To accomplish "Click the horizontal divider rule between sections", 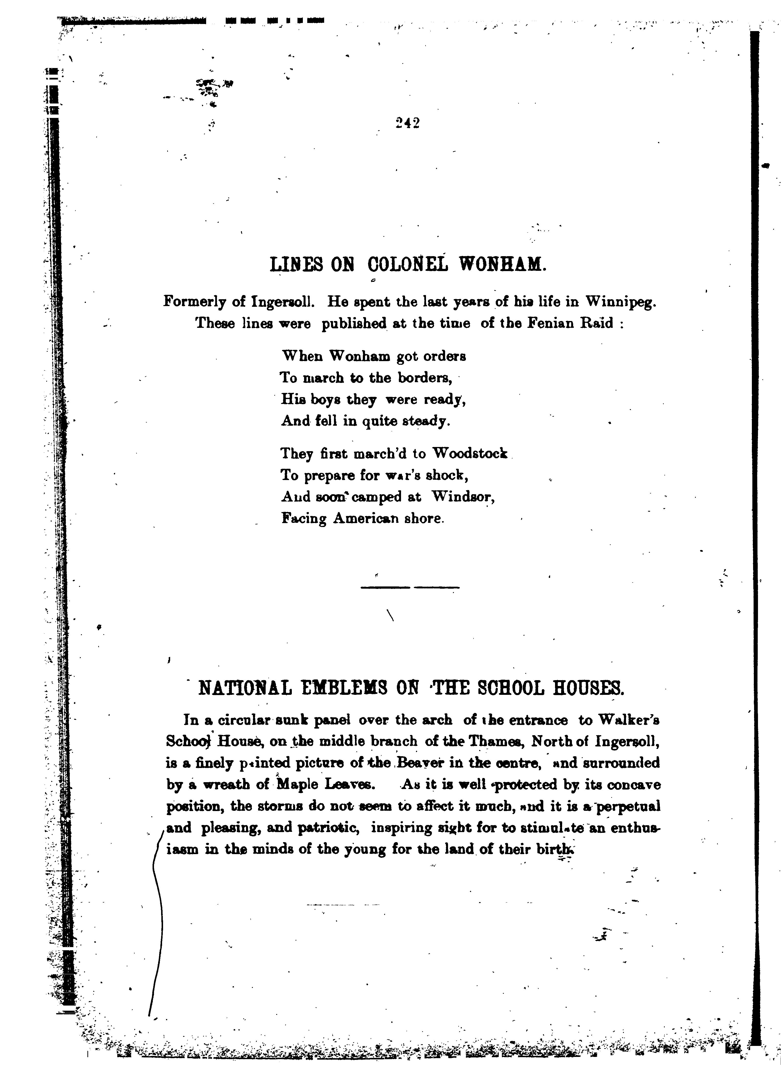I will pos(409,587).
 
